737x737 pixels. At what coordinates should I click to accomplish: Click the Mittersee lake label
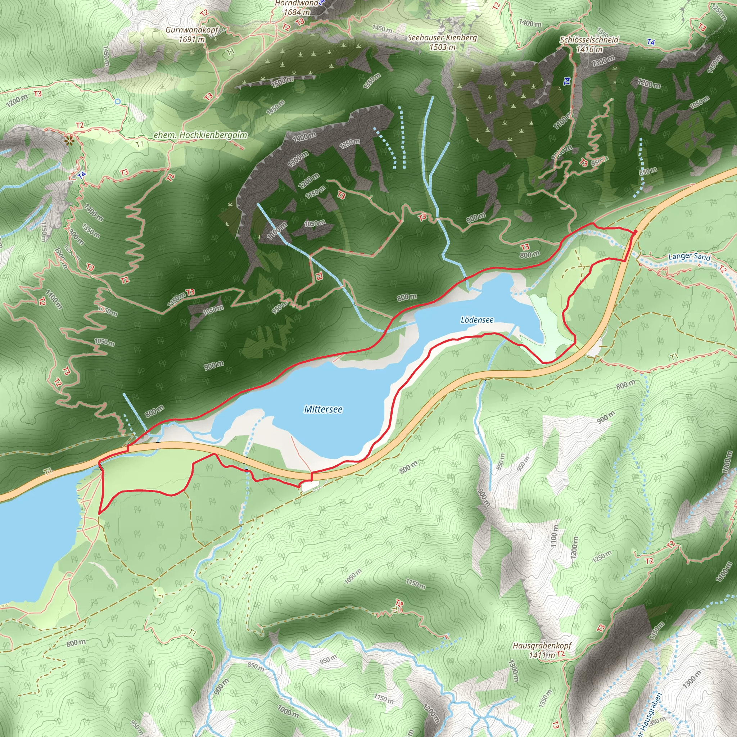pyautogui.click(x=323, y=409)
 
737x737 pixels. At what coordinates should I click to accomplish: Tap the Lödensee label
pyautogui.click(x=477, y=320)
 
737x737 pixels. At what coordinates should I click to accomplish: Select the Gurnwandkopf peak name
pyautogui.click(x=191, y=30)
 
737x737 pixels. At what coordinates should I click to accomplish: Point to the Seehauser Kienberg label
pyautogui.click(x=442, y=38)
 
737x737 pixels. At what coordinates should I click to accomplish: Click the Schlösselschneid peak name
pyautogui.click(x=589, y=40)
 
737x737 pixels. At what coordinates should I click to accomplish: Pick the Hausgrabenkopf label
pyautogui.click(x=542, y=646)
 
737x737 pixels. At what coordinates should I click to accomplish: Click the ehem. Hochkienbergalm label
pyautogui.click(x=200, y=135)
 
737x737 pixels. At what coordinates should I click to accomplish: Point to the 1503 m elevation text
pyautogui.click(x=442, y=47)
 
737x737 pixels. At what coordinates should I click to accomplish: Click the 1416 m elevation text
pyautogui.click(x=589, y=49)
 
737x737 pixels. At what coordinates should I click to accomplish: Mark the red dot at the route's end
pyautogui.click(x=635, y=231)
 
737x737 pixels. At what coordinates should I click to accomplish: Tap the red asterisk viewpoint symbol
pyautogui.click(x=69, y=141)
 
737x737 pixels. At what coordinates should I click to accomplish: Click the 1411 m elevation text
pyautogui.click(x=542, y=655)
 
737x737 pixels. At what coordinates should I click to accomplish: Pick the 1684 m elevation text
pyautogui.click(x=297, y=12)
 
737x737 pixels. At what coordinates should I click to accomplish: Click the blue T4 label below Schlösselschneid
pyautogui.click(x=651, y=42)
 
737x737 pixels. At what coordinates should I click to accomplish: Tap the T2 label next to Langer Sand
pyautogui.click(x=723, y=269)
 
